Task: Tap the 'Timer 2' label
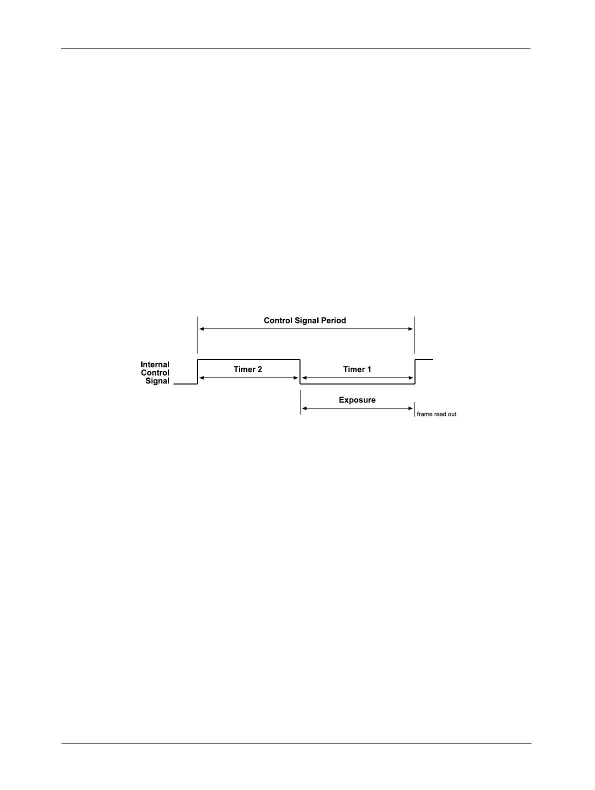[x=247, y=369]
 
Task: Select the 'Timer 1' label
[x=357, y=369]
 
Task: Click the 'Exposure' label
[x=357, y=400]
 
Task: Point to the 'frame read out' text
[x=436, y=414]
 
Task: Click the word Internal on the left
[x=155, y=364]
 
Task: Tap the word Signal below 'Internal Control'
[x=157, y=381]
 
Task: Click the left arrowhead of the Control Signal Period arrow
[x=201, y=329]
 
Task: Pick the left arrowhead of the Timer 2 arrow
[x=201, y=378]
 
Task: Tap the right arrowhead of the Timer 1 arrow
[x=411, y=378]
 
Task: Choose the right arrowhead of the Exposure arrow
[x=411, y=408]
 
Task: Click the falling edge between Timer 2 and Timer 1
[x=300, y=371]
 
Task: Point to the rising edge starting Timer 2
[x=198, y=371]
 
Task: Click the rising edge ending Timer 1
[x=415, y=371]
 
